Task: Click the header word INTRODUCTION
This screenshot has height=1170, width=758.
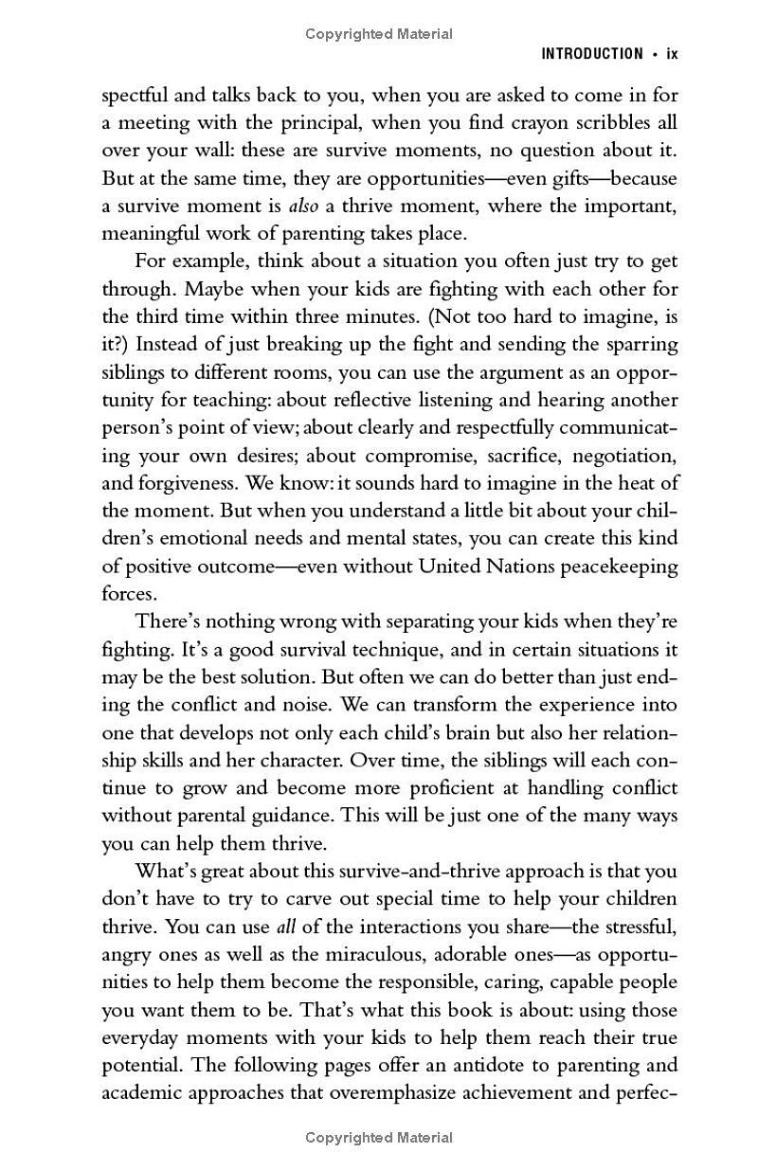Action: coord(591,54)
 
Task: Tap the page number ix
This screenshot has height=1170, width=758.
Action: coord(673,54)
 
